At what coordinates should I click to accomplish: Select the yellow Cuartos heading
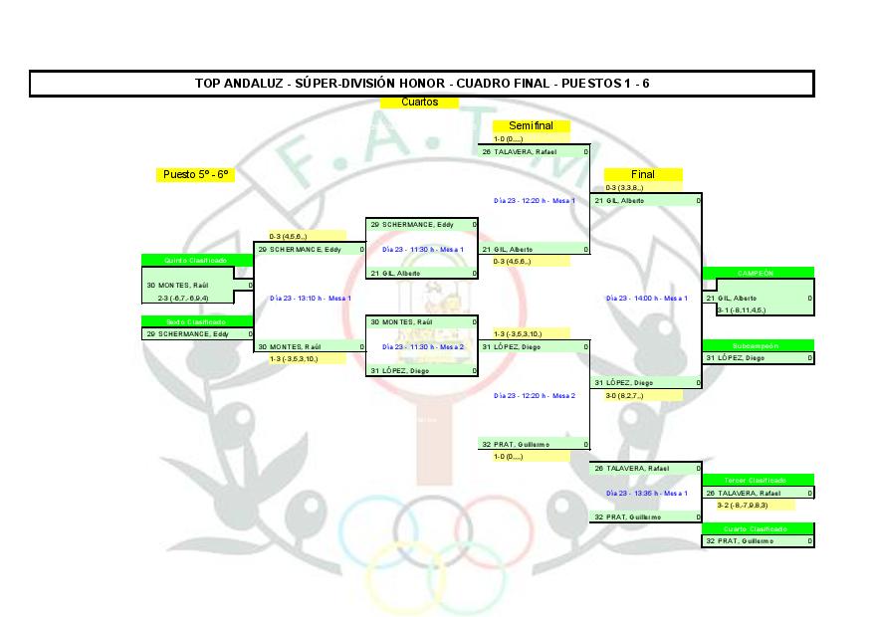[419, 103]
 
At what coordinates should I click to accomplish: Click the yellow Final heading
[643, 174]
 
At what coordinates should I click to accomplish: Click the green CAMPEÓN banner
[758, 272]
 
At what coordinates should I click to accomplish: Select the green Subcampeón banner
[758, 345]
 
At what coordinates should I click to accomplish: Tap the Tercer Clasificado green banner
[758, 481]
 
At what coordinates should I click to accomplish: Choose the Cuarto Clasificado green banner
[758, 528]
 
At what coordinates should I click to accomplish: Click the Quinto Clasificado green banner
[196, 260]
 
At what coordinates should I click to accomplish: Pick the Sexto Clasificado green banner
[196, 321]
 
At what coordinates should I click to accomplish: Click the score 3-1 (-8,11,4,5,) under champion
[743, 309]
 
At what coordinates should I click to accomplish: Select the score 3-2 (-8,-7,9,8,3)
[743, 505]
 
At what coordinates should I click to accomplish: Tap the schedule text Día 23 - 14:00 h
[646, 298]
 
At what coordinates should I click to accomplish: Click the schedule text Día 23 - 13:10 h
[310, 298]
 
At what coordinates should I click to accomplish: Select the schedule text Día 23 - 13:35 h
[646, 493]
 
